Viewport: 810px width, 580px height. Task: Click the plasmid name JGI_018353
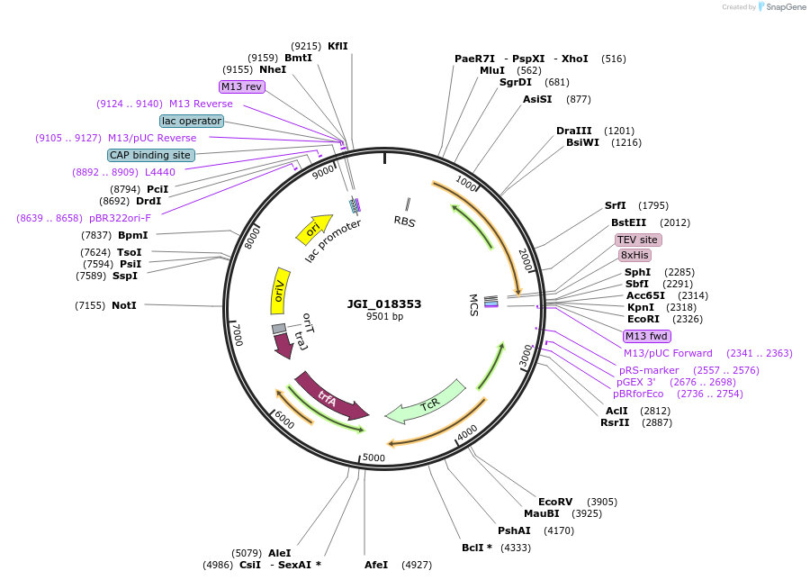point(384,304)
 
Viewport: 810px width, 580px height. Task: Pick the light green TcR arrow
point(427,403)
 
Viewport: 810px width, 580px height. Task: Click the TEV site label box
point(638,240)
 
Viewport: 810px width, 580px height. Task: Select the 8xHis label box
point(634,255)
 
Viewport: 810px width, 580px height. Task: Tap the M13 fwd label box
point(646,336)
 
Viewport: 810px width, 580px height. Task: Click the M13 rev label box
point(241,86)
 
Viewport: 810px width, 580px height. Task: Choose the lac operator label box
point(192,121)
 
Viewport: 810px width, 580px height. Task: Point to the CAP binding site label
point(150,155)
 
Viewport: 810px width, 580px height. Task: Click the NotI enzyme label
point(124,305)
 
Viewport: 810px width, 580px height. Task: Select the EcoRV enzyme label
point(555,502)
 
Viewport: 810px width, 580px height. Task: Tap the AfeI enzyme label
point(376,565)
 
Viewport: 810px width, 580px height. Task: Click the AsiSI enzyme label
point(537,99)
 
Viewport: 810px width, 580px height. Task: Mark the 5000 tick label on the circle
point(373,458)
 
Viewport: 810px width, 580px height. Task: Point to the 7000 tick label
point(238,335)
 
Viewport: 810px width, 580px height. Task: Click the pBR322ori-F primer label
point(120,218)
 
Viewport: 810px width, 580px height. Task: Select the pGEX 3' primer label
point(635,382)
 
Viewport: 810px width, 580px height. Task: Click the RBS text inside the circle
point(405,221)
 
